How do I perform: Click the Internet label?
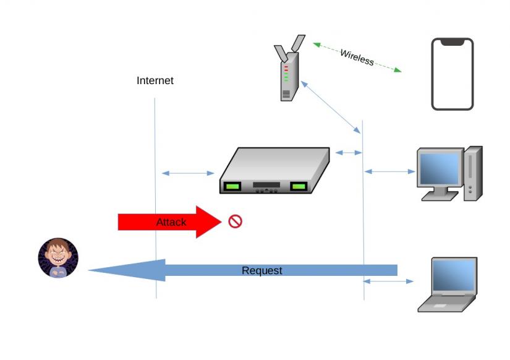click(155, 80)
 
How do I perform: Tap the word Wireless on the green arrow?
click(357, 57)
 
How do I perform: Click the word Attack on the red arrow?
click(171, 222)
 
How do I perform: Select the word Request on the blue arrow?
click(261, 270)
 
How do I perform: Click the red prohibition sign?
click(235, 221)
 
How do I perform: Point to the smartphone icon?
click(452, 74)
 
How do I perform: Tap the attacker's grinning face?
click(58, 257)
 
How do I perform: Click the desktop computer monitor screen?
click(439, 168)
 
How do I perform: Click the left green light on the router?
click(232, 186)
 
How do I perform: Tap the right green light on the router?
click(299, 186)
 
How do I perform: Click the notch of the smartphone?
click(452, 42)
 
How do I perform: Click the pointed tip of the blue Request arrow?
click(91, 270)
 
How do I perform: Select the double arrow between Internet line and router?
click(187, 173)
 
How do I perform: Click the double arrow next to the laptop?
click(388, 281)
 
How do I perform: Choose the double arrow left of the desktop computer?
click(389, 171)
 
